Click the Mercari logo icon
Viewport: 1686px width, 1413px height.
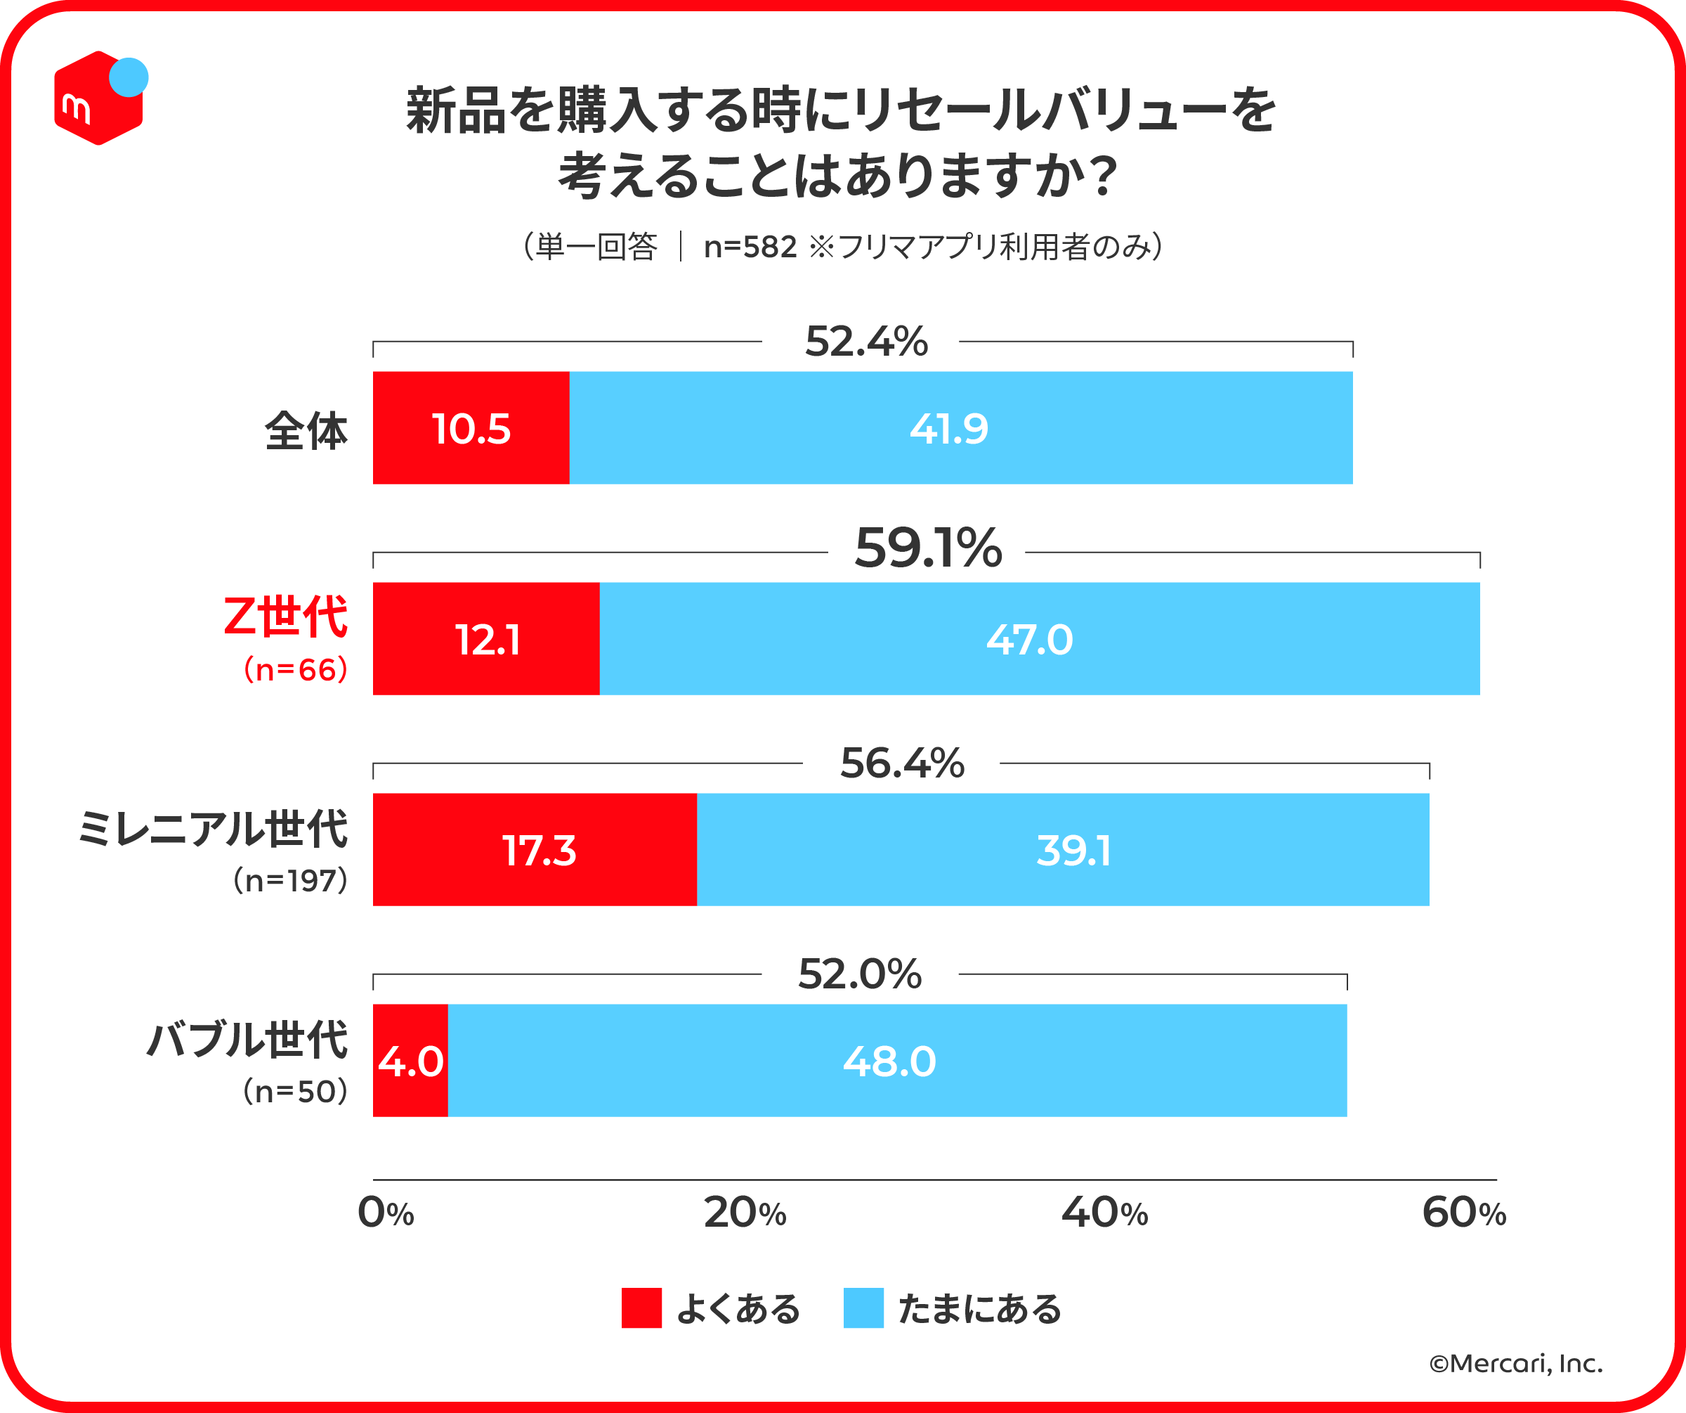tap(99, 98)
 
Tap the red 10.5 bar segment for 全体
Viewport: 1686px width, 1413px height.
tap(471, 428)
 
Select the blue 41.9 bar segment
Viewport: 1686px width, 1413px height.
tap(961, 428)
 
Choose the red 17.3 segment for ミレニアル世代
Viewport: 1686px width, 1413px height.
tap(535, 850)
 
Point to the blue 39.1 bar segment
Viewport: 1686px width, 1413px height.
tap(1063, 850)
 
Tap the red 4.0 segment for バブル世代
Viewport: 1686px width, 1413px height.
tap(410, 1060)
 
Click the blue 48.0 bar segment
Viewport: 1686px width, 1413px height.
tap(898, 1060)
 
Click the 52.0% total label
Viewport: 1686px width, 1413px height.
tap(860, 974)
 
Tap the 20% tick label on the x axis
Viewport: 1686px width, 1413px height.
tap(744, 1213)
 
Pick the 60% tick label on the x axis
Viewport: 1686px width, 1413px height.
tap(1463, 1213)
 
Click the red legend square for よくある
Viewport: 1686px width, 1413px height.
tap(641, 1308)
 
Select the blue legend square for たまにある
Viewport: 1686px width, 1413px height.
tap(863, 1308)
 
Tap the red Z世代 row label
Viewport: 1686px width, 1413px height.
tap(285, 617)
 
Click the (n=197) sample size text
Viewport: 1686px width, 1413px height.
tap(291, 880)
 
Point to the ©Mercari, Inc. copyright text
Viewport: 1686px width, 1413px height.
tap(1516, 1363)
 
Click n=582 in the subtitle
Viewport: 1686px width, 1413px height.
tap(750, 247)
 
